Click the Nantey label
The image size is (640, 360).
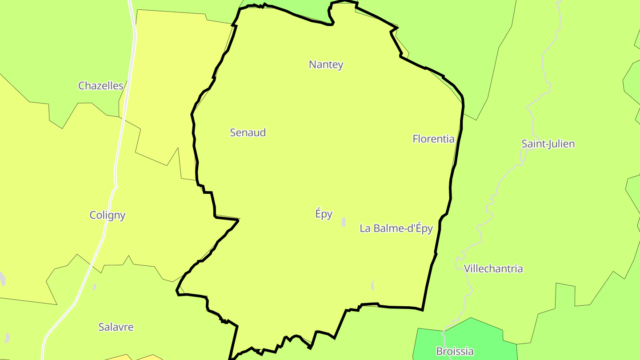tap(326, 64)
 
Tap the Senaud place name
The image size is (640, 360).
tap(248, 132)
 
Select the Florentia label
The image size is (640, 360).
tap(433, 139)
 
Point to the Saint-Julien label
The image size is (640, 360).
tap(548, 144)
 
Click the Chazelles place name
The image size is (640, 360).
tap(100, 86)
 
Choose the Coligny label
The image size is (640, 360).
tap(108, 215)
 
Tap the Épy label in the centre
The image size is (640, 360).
tap(324, 214)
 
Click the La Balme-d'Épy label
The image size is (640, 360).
tap(396, 228)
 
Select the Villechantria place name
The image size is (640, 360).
tap(493, 269)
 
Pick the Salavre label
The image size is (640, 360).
tap(116, 327)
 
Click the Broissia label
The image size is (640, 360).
tap(454, 351)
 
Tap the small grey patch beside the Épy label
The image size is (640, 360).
tap(344, 222)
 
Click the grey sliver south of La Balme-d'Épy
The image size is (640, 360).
tap(372, 284)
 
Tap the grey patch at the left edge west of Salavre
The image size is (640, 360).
tap(2, 279)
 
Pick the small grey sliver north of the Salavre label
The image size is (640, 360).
tap(95, 287)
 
